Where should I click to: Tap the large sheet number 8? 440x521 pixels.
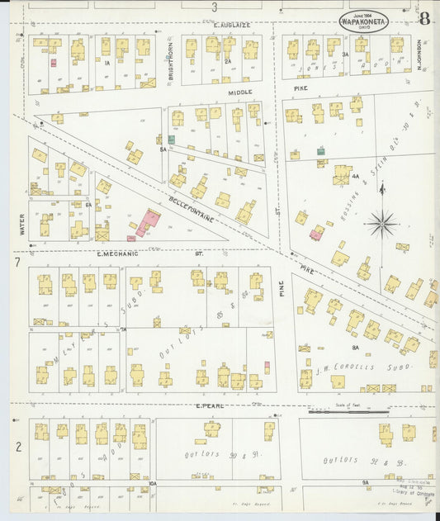pyautogui.click(x=424, y=19)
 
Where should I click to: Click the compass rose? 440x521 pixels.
pyautogui.click(x=381, y=223)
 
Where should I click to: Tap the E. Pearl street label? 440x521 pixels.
pyautogui.click(x=211, y=406)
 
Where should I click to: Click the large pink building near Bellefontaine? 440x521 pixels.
pyautogui.click(x=149, y=221)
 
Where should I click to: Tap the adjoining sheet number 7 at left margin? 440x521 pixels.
pyautogui.click(x=16, y=263)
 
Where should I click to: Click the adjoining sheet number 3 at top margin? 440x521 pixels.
pyautogui.click(x=214, y=7)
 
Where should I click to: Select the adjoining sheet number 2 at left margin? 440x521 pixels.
pyautogui.click(x=16, y=447)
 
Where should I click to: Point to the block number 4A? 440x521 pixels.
pyautogui.click(x=355, y=176)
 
